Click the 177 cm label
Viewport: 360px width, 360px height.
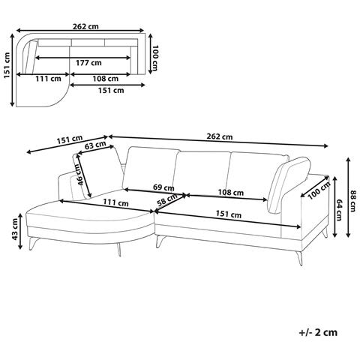tap(88, 62)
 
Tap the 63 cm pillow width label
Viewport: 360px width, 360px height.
tap(95, 145)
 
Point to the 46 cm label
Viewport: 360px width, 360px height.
tap(81, 175)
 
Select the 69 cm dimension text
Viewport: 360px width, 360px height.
tap(163, 187)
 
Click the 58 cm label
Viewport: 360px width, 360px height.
tap(166, 200)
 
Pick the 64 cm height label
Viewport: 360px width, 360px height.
tap(339, 209)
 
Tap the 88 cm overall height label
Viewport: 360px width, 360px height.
tap(352, 201)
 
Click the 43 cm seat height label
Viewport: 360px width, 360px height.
tap(15, 229)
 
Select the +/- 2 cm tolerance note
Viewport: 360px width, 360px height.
tap(318, 332)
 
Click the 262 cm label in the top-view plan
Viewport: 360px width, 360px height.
tap(85, 26)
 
